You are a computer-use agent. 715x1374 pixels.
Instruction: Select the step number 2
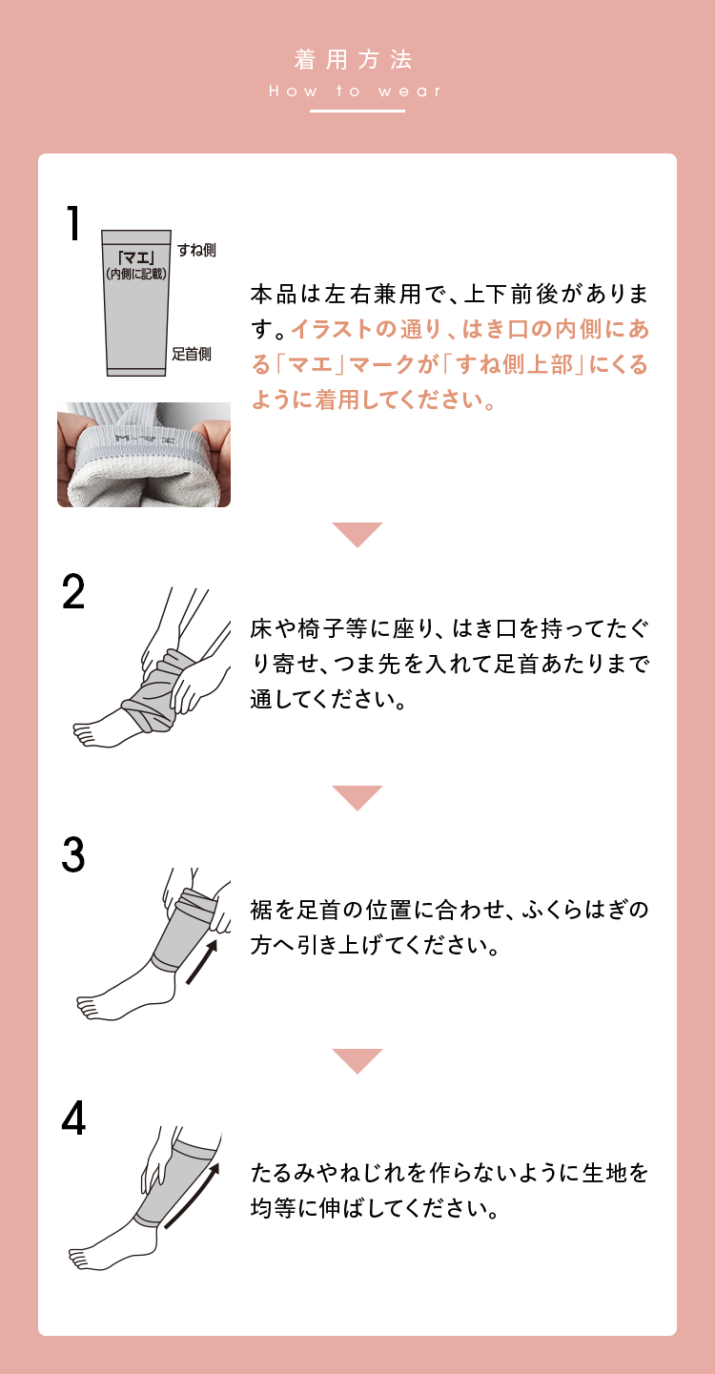[73, 593]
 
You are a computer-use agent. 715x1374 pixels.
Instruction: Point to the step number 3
[73, 855]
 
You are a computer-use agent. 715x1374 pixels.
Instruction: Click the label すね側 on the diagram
[196, 250]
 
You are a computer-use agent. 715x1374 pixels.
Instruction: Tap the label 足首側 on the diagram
[192, 354]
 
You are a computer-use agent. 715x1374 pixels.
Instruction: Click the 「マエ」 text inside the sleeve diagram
[136, 256]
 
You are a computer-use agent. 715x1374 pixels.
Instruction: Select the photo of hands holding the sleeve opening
[144, 455]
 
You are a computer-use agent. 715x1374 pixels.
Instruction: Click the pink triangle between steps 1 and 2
[357, 533]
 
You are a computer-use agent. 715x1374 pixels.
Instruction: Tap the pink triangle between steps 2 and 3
[357, 796]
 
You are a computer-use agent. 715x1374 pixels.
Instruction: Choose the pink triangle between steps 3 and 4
[357, 1059]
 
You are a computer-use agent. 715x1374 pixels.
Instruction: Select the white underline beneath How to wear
[357, 112]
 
